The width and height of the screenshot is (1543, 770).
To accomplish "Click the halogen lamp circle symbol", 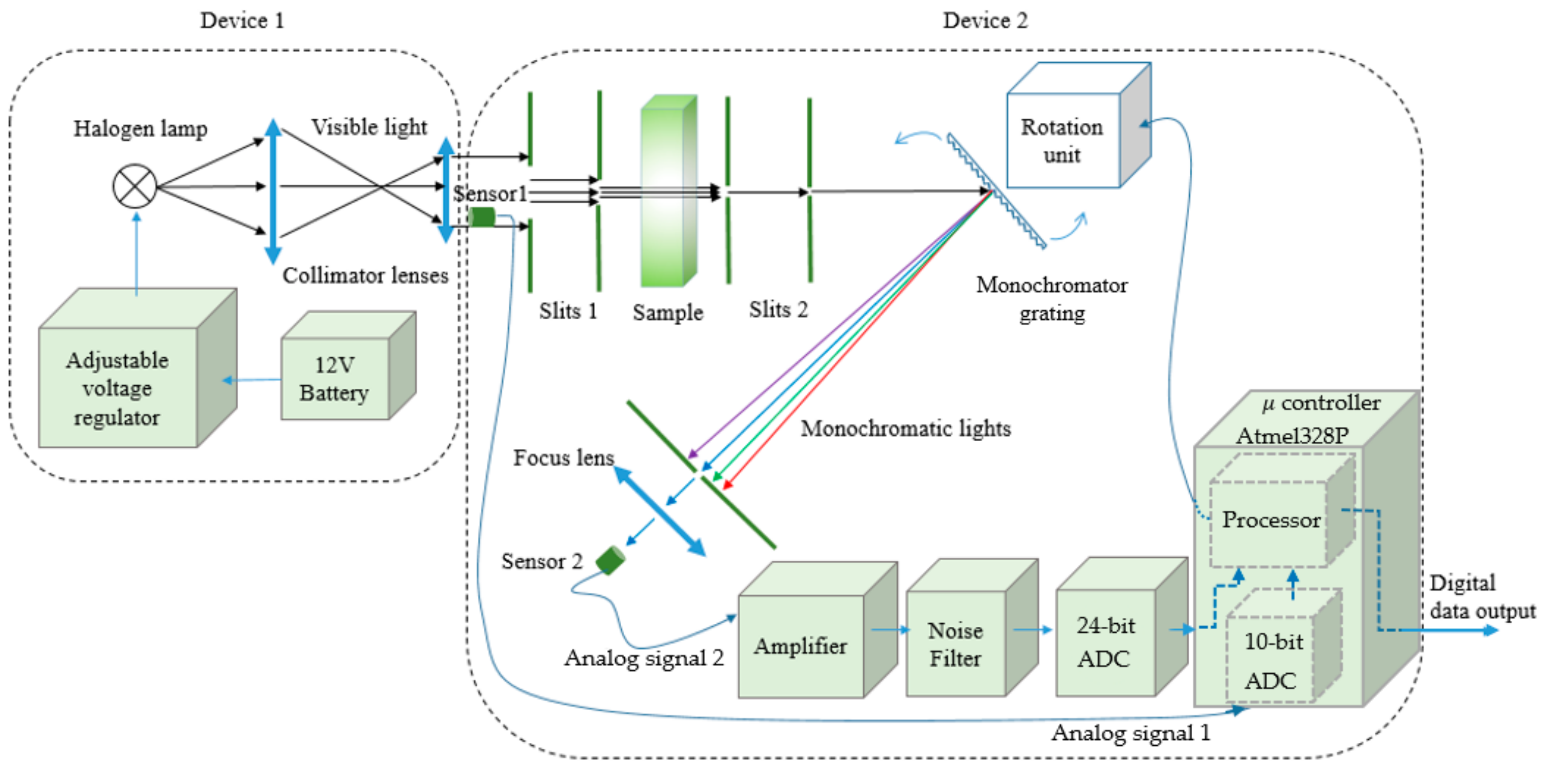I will click(x=135, y=186).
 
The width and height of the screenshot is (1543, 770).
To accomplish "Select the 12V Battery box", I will click(x=335, y=378).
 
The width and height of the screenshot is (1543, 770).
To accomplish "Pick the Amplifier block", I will click(x=801, y=646).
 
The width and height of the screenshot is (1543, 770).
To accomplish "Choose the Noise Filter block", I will click(x=956, y=644).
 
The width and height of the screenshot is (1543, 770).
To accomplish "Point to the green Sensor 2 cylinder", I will click(x=610, y=560).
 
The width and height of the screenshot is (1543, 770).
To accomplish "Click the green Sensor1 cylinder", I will click(x=482, y=217).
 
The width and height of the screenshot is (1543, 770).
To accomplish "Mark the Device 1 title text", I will click(x=242, y=20).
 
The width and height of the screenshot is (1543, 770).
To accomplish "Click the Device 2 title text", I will click(x=985, y=20).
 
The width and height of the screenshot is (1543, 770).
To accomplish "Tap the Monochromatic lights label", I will click(x=905, y=428).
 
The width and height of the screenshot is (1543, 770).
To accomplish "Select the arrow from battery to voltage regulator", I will click(x=251, y=380).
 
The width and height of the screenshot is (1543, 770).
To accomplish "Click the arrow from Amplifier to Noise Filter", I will click(x=889, y=629).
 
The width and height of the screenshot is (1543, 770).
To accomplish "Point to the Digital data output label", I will click(x=1481, y=597).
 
